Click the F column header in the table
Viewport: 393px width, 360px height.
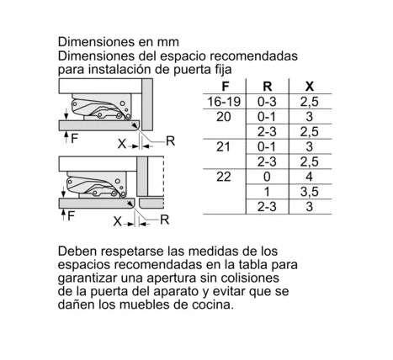point(225,87)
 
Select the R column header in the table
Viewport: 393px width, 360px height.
point(267,87)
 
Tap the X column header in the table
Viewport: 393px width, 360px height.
point(309,87)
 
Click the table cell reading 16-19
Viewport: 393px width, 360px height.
point(224,102)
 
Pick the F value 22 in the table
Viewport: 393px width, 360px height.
point(224,177)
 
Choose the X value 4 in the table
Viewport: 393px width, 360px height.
point(309,177)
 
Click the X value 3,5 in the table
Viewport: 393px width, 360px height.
point(309,192)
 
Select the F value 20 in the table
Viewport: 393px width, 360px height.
point(224,117)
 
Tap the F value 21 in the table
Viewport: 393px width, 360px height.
point(224,147)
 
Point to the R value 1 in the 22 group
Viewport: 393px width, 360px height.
point(267,192)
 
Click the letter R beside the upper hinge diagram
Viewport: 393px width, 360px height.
point(170,141)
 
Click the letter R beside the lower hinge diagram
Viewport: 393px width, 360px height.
point(164,220)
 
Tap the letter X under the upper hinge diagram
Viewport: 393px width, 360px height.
point(122,144)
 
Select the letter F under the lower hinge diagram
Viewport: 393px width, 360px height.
point(71,216)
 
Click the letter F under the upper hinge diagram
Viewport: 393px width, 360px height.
point(74,138)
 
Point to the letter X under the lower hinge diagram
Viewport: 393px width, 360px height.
point(118,222)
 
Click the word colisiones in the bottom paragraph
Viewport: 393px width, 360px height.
point(250,278)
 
